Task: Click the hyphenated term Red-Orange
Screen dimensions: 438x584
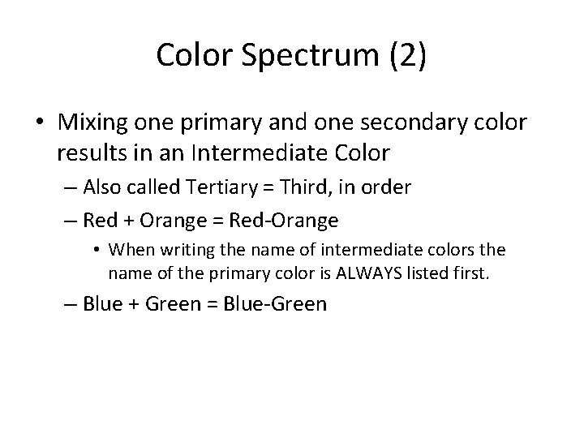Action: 285,219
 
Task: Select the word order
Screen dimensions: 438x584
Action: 388,187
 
